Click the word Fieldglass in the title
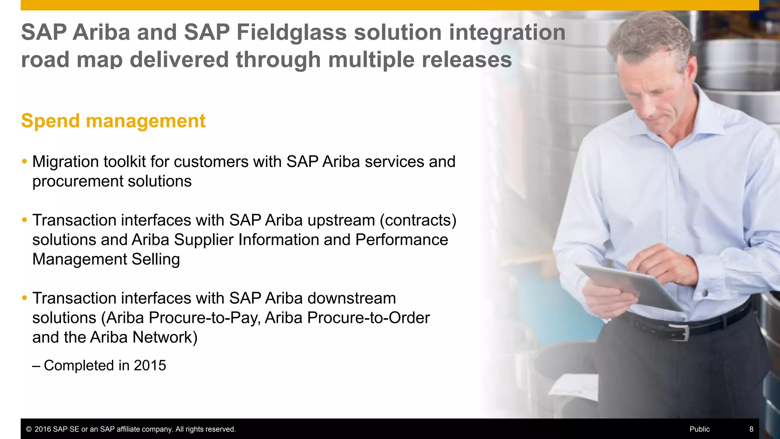point(291,32)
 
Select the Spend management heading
point(113,121)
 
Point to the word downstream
point(352,298)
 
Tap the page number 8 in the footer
point(751,429)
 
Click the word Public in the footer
point(699,429)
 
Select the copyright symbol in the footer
point(29,429)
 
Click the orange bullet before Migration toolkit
point(24,162)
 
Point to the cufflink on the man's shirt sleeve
point(705,293)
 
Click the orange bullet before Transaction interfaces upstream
point(24,220)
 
